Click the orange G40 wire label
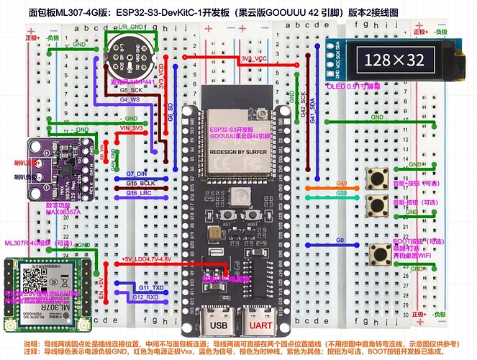[341, 184]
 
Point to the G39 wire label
[341, 194]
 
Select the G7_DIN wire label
[137, 174]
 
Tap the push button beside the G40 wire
[375, 177]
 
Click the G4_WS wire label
[130, 99]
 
